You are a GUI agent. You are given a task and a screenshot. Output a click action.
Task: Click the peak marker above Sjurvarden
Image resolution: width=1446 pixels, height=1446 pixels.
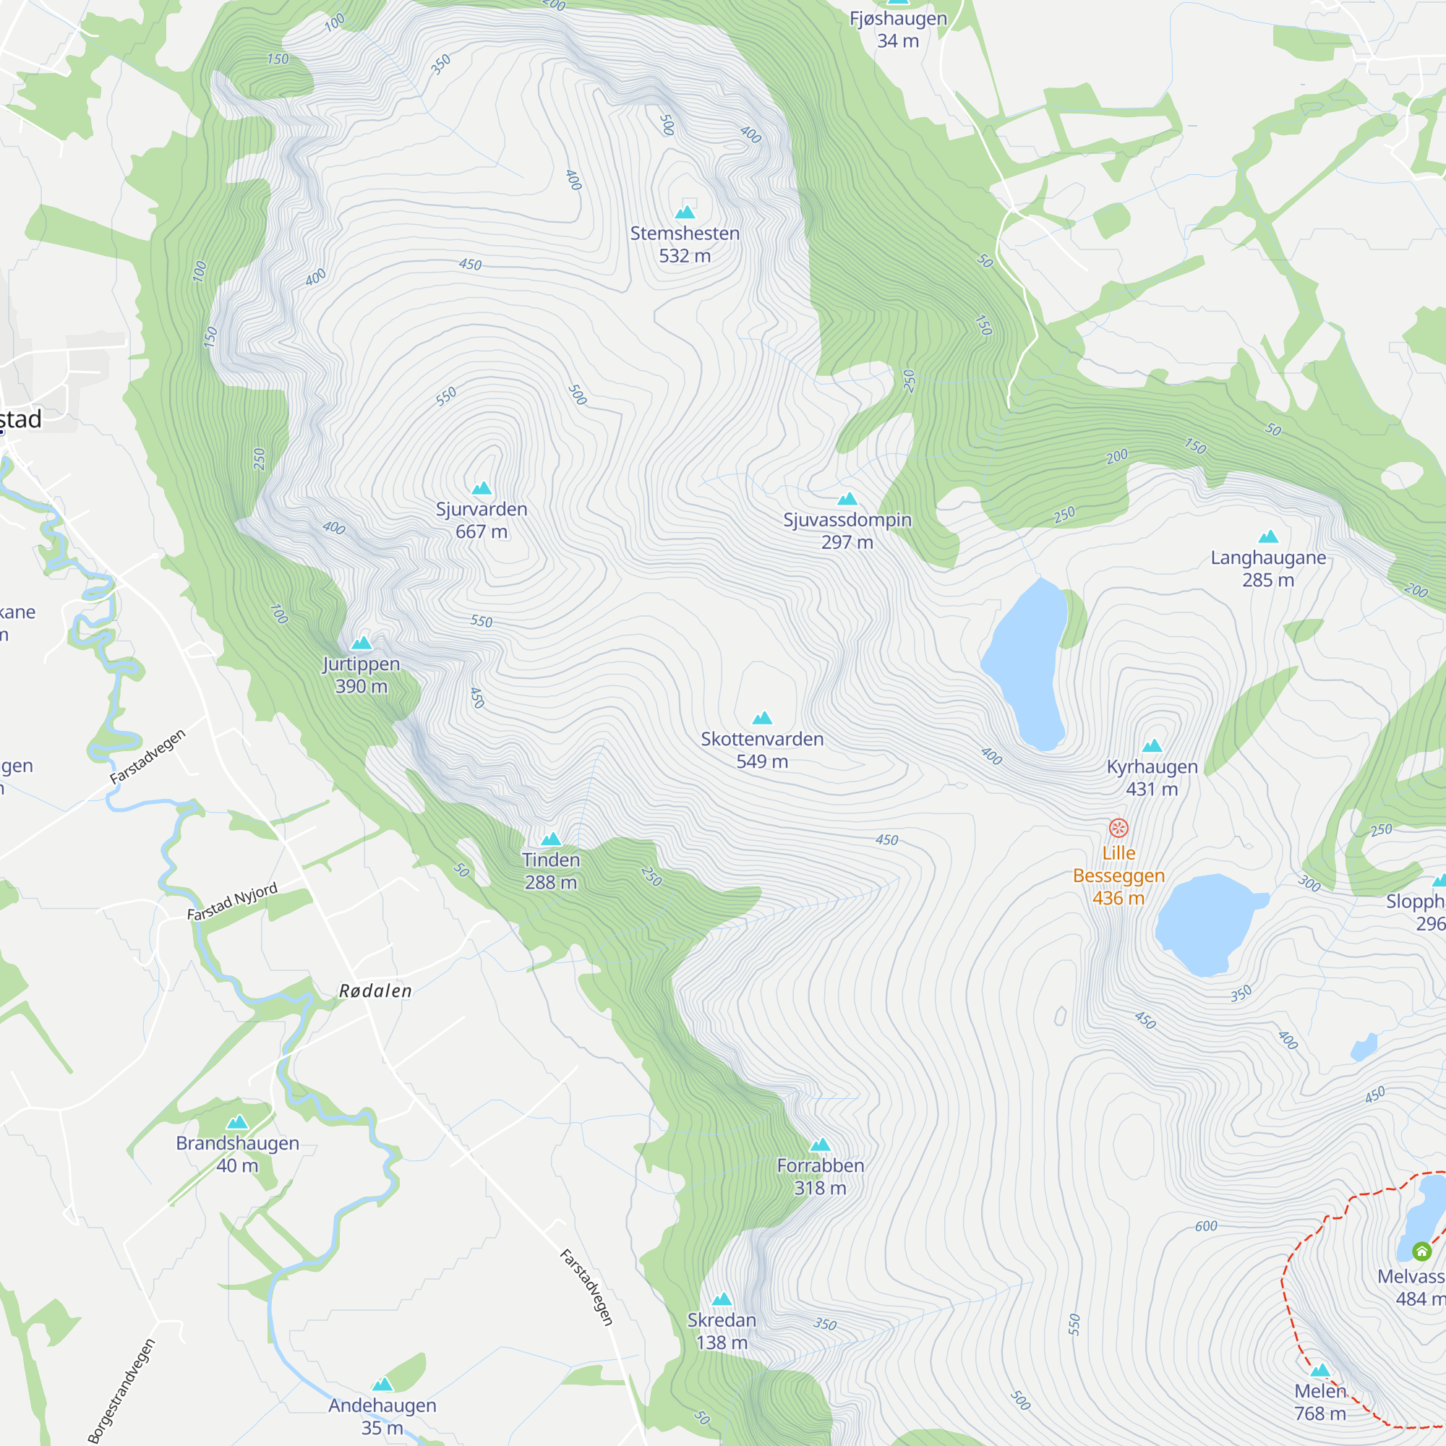coord(482,489)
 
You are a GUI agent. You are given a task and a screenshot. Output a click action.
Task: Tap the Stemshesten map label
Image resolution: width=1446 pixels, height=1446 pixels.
coord(685,234)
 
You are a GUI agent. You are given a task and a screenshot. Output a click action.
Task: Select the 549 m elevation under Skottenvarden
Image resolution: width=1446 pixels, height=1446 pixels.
coord(762,761)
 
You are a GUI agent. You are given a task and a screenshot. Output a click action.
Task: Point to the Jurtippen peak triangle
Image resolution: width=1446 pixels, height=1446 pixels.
coord(361,643)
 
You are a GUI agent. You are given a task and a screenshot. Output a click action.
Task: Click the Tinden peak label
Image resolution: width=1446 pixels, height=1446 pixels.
coord(551,860)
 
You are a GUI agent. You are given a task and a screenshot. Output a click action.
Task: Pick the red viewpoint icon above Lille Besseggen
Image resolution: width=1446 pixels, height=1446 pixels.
coord(1118,828)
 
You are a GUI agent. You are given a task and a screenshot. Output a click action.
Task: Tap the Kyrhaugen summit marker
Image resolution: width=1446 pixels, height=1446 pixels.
coord(1152,745)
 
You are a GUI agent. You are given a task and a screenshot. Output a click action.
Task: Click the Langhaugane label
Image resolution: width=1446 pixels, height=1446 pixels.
coord(1268,557)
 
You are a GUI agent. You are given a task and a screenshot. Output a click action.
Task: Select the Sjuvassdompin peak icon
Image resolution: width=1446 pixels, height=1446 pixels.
coord(847,499)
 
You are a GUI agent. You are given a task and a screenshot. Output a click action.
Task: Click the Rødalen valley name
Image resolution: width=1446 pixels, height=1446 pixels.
coord(376,991)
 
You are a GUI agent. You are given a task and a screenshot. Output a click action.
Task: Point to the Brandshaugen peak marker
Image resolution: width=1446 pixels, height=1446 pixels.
coord(237,1122)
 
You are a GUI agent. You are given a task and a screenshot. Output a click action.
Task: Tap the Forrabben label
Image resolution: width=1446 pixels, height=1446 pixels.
coord(821,1165)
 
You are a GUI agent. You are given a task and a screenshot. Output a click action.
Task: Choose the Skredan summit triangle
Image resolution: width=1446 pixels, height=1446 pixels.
coord(722,1299)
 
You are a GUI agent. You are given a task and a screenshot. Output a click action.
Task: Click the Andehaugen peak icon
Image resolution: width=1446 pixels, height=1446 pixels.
coord(382,1384)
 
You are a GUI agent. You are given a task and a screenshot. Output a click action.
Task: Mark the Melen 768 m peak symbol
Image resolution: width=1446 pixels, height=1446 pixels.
coord(1320,1370)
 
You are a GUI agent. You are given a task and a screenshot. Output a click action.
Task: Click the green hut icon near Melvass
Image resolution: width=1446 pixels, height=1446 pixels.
coord(1421,1251)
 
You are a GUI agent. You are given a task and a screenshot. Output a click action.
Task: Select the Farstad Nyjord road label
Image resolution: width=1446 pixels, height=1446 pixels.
coord(232,902)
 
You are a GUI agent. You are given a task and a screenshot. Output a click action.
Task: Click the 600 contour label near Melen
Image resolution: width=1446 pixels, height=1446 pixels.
coord(1206,1226)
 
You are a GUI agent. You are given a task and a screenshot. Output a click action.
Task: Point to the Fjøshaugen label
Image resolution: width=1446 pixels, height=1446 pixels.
coord(898,19)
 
